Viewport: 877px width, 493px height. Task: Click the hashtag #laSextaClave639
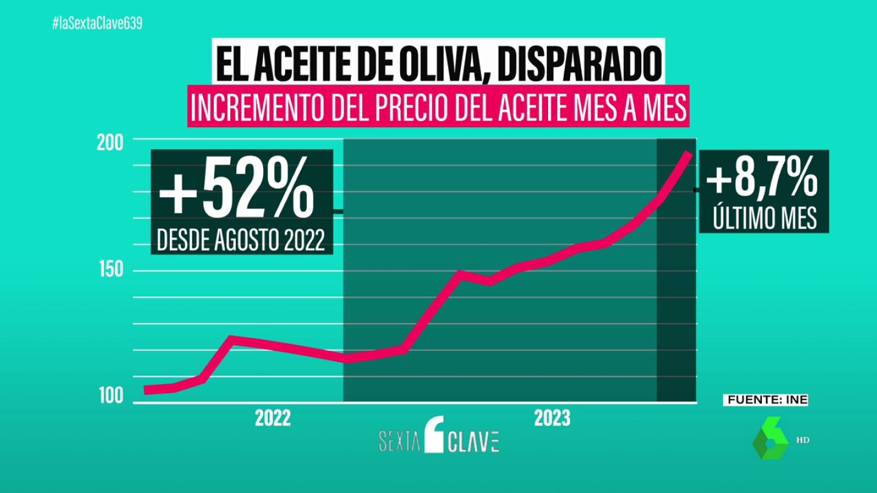click(x=97, y=24)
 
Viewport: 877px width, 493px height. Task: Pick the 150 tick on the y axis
click(x=111, y=271)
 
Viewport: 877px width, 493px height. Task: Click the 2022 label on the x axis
click(x=273, y=419)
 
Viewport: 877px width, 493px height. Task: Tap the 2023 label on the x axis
click(x=552, y=419)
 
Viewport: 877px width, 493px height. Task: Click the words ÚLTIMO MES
click(x=763, y=218)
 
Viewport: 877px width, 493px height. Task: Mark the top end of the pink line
click(x=689, y=153)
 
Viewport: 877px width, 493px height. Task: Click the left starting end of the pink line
click(x=146, y=390)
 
